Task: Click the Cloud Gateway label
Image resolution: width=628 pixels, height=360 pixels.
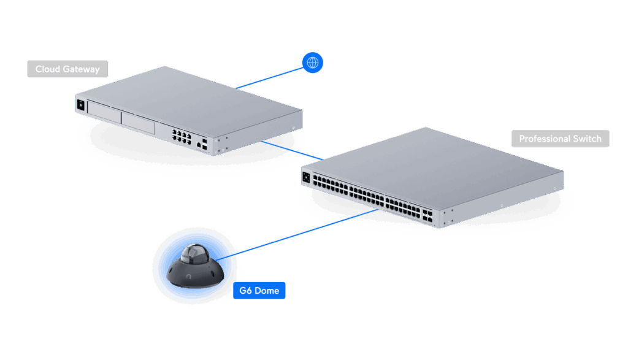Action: coord(67,69)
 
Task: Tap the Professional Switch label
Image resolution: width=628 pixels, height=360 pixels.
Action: coord(560,139)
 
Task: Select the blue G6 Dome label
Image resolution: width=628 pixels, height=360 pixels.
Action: coord(259,290)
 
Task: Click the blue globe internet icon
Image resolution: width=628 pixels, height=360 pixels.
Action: coord(313,62)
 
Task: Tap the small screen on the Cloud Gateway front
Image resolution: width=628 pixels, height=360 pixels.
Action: coord(80,104)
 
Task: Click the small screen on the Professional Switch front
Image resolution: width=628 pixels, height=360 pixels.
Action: coord(306,177)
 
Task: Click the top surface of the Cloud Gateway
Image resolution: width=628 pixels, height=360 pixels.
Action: coord(190,92)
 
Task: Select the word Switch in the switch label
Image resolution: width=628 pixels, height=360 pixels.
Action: coord(587,139)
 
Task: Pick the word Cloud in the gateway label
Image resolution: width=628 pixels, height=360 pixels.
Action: coord(48,69)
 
